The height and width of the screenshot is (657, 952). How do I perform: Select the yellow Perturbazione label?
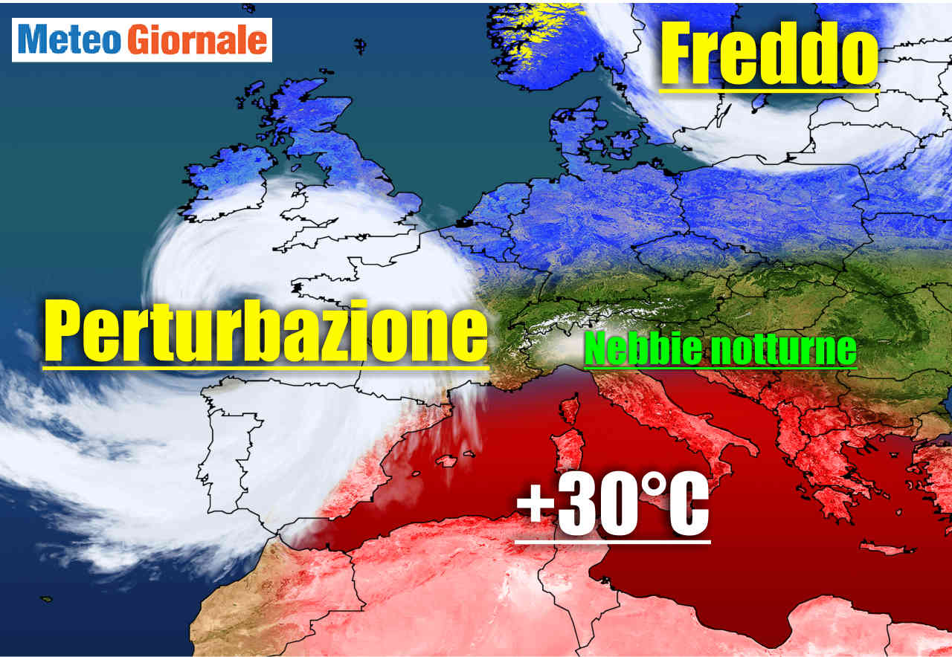click(x=265, y=331)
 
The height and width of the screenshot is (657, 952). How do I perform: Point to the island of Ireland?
click(x=227, y=182)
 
